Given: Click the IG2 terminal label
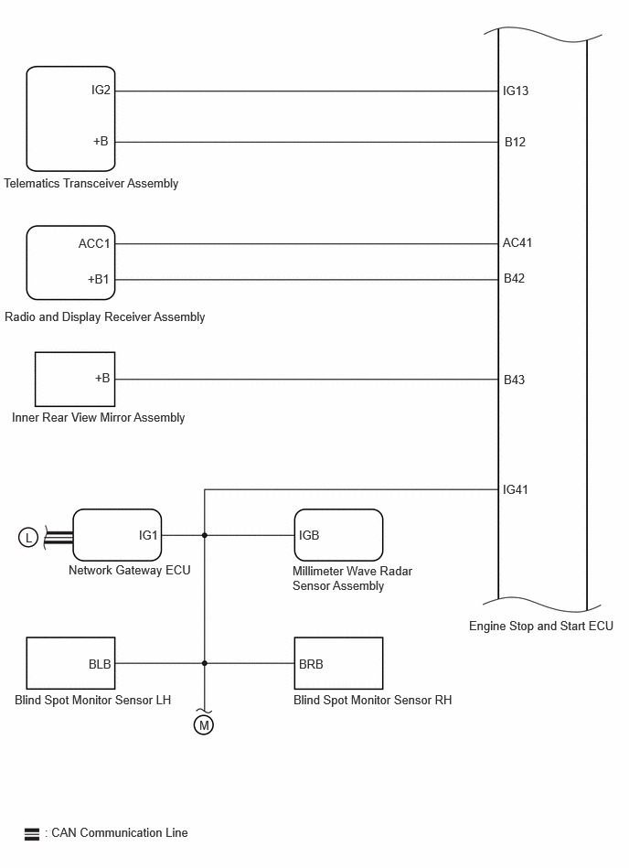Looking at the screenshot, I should click(101, 91).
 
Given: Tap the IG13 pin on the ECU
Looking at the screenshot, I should click(516, 91).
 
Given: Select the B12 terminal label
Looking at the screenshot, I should click(515, 142).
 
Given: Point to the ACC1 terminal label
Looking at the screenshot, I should click(94, 244).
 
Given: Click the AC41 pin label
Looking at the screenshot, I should click(517, 243).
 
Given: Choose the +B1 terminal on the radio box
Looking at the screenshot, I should click(99, 279).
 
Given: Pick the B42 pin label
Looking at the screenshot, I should click(515, 279).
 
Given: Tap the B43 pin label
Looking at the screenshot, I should click(515, 380).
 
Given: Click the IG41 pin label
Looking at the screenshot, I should click(516, 489).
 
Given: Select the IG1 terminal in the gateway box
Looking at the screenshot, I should click(148, 535).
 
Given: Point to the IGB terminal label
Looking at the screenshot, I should click(309, 535).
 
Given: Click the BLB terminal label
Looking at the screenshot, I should click(100, 663).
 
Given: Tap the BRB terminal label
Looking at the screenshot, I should click(311, 663).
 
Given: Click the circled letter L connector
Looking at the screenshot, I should click(28, 537).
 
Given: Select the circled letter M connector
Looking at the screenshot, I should click(204, 725).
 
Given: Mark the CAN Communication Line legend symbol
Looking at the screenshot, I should click(32, 833).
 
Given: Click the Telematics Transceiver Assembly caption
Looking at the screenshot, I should click(91, 183).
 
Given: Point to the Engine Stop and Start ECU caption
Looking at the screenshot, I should click(541, 627).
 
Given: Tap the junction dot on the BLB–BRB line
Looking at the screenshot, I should click(205, 663).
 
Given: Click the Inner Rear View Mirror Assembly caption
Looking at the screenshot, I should click(99, 417).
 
